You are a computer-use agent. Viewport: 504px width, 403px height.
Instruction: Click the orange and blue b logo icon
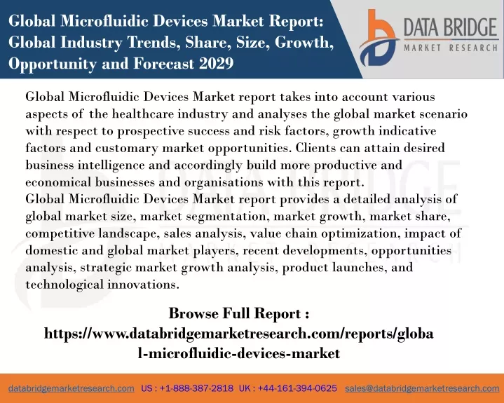tap(379, 38)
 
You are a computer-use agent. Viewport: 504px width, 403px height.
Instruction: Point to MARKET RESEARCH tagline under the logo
tap(451, 48)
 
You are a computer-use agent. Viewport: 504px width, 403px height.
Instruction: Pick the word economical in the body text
tap(58, 182)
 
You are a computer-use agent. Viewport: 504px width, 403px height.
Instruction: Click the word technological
tap(64, 285)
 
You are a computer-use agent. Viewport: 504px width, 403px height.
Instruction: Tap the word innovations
tap(143, 285)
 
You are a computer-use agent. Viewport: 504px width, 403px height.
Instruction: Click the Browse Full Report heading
tap(239, 313)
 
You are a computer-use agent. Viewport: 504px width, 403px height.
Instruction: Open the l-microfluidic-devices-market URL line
tap(239, 353)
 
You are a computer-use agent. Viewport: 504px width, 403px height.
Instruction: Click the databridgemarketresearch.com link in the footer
tap(71, 388)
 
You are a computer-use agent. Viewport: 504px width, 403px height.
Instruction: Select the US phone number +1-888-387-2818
tap(196, 388)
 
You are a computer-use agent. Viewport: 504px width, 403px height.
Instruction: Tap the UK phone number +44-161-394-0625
tap(297, 388)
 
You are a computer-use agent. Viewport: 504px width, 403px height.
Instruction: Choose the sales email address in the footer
tap(422, 388)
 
